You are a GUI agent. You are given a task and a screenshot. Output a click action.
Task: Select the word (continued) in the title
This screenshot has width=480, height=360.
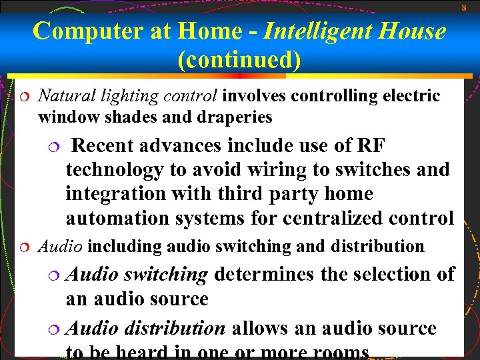click(239, 61)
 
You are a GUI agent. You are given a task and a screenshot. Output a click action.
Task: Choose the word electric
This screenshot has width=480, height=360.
click(411, 96)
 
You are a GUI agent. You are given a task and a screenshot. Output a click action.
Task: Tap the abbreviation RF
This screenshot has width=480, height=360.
click(372, 145)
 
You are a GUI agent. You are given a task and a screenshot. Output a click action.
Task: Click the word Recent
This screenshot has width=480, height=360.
click(108, 145)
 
